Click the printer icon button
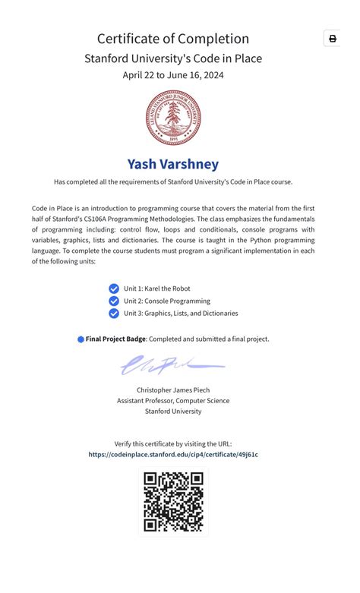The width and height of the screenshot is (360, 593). coord(332,39)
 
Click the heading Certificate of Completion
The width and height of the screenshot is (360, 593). coord(173,39)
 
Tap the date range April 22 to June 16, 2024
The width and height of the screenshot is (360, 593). coord(173,74)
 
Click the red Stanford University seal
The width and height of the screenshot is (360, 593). coord(173,117)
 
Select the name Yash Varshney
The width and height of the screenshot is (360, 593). coord(173,164)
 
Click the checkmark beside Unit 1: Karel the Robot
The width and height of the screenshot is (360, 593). coord(114,289)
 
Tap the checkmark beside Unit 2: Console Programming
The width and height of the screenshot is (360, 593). coord(114,301)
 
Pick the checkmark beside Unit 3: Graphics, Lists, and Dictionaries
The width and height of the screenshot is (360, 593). coord(114,313)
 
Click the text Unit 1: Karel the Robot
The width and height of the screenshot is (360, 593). coord(157,289)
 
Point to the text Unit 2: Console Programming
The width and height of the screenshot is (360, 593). coord(167,301)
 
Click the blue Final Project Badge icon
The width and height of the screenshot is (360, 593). coord(81,339)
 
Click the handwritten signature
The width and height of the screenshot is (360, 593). coord(171,366)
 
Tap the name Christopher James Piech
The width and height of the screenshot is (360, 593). coord(173,390)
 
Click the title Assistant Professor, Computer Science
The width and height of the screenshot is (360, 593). coord(173,400)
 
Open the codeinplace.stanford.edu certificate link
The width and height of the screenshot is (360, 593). coord(173,454)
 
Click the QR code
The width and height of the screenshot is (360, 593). coord(173,501)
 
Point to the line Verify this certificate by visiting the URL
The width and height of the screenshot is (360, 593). coord(173,443)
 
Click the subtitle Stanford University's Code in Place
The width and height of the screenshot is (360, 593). coord(173,58)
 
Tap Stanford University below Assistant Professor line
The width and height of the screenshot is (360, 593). coord(173,411)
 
